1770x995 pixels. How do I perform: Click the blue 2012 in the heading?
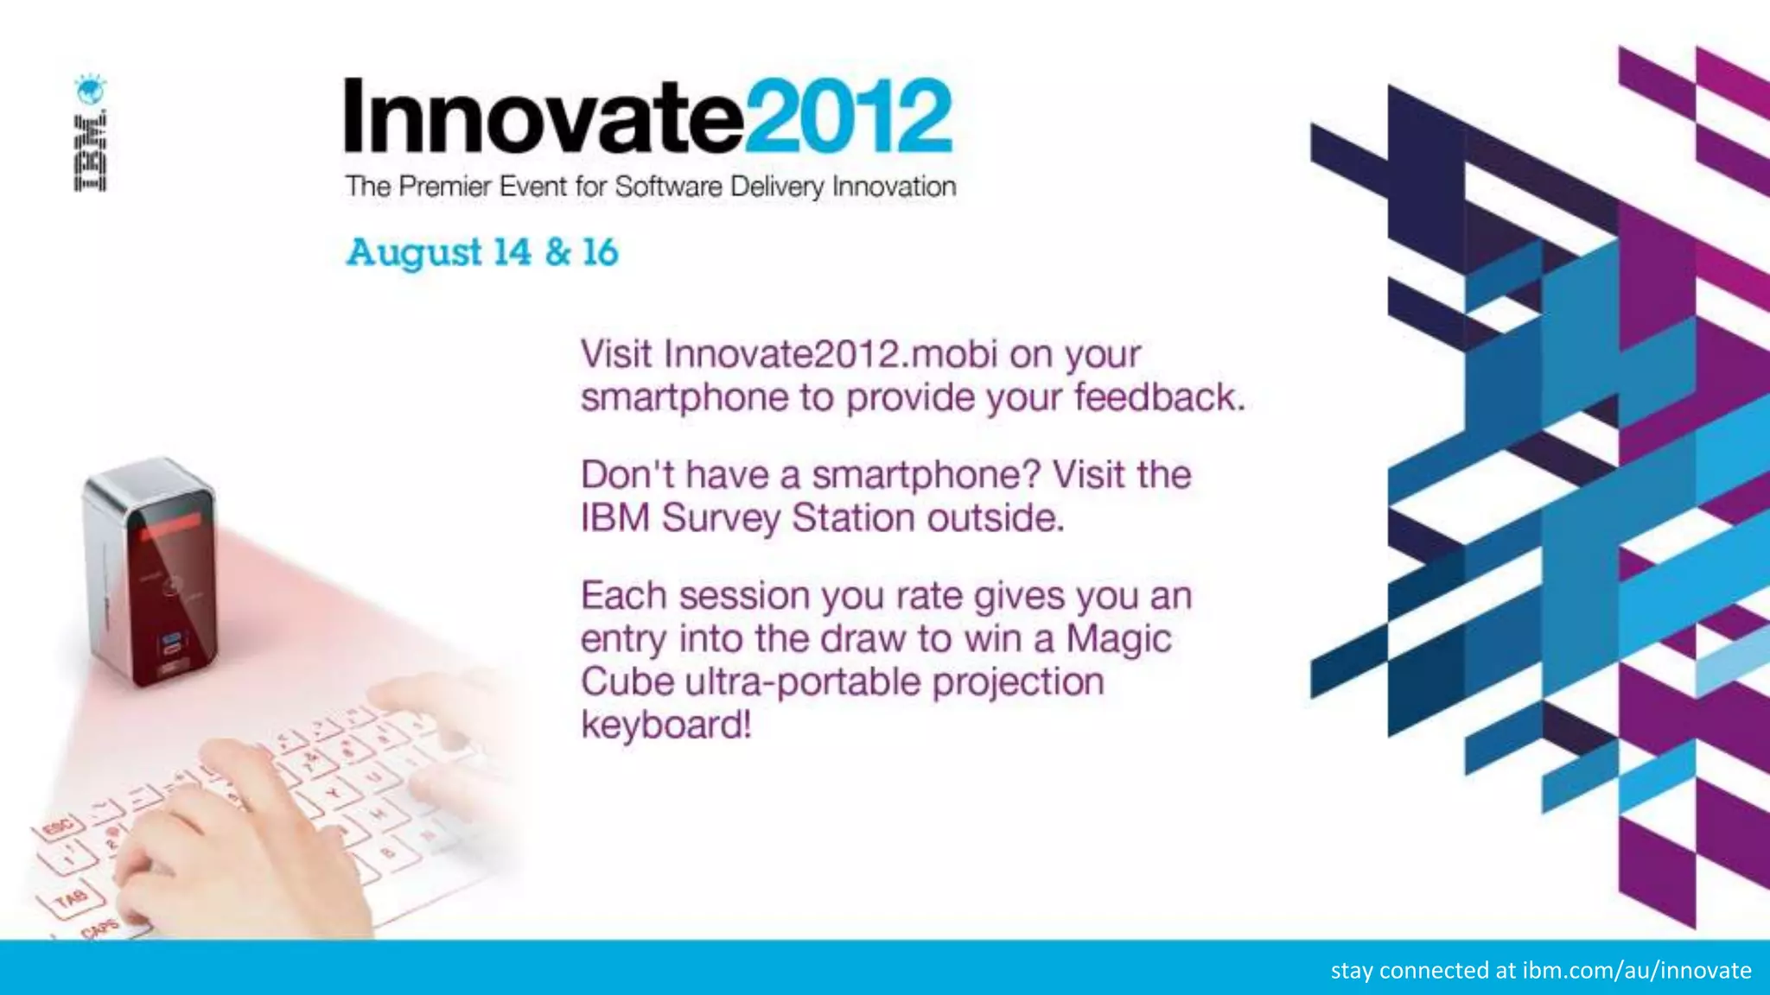point(849,117)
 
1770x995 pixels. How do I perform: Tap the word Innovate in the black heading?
point(543,117)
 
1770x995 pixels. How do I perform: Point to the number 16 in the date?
point(600,252)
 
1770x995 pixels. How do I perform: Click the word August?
point(414,253)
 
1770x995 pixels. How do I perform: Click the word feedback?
point(1158,397)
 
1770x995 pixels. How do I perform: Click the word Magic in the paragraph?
point(1118,639)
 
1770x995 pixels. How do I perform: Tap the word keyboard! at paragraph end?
point(665,725)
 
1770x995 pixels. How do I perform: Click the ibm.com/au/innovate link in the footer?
point(1636,970)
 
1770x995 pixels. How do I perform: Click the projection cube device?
point(151,570)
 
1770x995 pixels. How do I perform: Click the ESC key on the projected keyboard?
point(59,828)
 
